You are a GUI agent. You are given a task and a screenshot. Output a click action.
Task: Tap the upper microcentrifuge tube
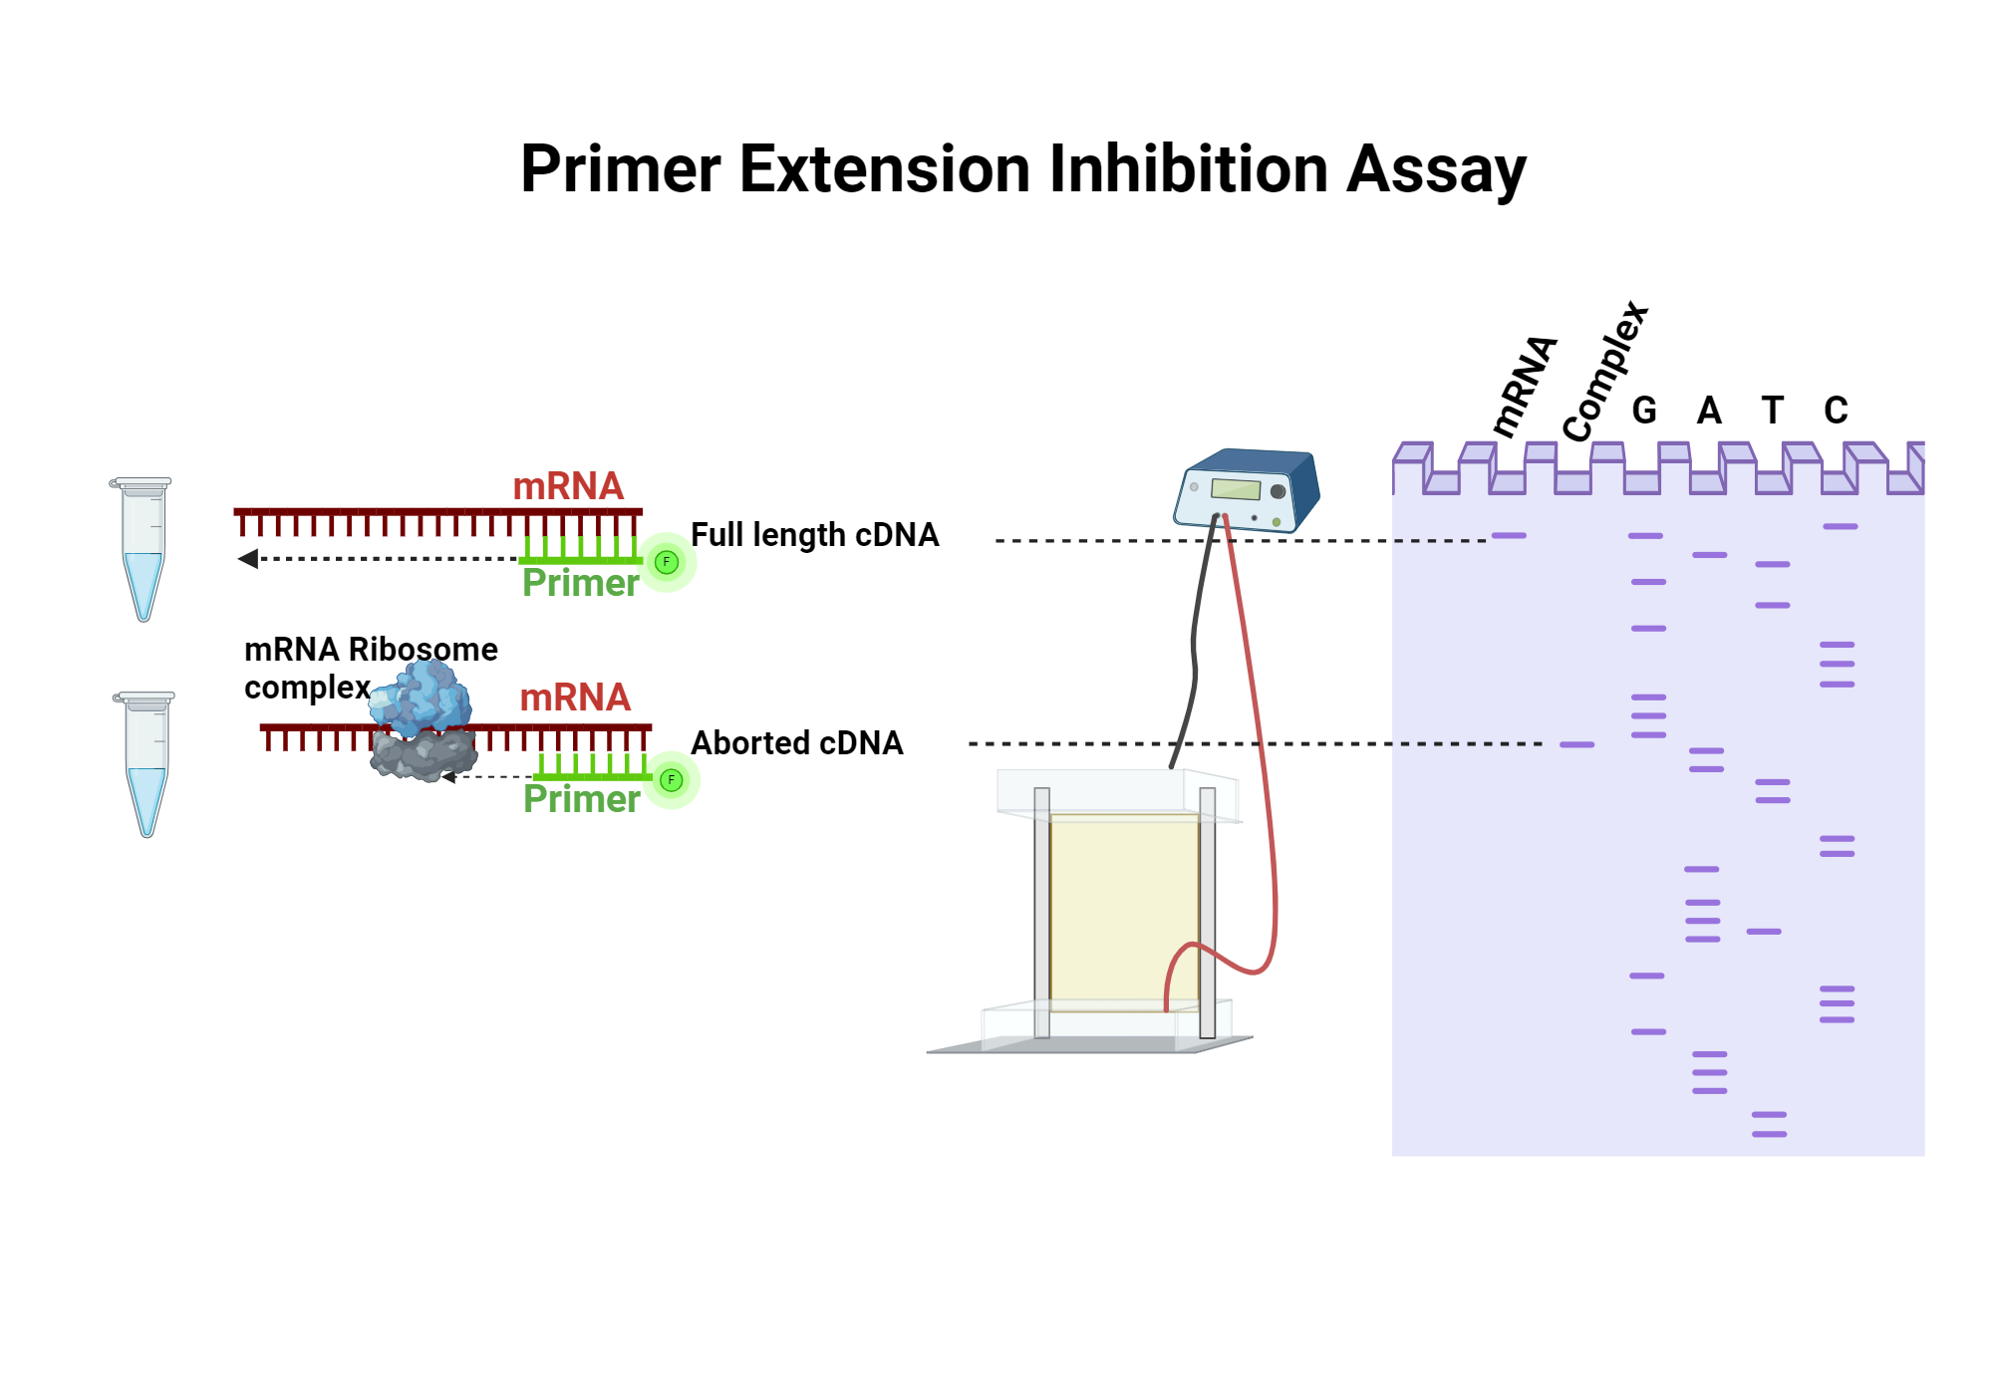pyautogui.click(x=142, y=548)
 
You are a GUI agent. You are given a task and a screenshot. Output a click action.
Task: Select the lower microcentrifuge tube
pyautogui.click(x=145, y=763)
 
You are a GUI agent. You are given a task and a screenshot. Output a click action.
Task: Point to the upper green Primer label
pyautogui.click(x=580, y=583)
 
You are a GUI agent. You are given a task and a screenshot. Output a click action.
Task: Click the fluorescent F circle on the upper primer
pyautogui.click(x=667, y=562)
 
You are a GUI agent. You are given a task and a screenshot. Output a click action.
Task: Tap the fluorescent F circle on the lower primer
pyautogui.click(x=672, y=780)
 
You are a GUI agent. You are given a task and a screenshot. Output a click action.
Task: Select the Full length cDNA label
pyautogui.click(x=814, y=535)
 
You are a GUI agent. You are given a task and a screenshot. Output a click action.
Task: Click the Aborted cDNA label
pyautogui.click(x=796, y=743)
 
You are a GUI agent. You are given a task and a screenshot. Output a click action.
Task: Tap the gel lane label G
pyautogui.click(x=1644, y=411)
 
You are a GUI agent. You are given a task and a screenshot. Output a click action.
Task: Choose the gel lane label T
pyautogui.click(x=1772, y=411)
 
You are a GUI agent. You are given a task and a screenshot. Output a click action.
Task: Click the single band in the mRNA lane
pyautogui.click(x=1509, y=536)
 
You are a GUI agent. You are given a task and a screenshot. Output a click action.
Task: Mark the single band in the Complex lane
pyautogui.click(x=1576, y=744)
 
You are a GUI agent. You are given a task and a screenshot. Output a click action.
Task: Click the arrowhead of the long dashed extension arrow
pyautogui.click(x=248, y=559)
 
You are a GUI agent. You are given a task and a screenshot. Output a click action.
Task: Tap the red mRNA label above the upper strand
pyautogui.click(x=568, y=486)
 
